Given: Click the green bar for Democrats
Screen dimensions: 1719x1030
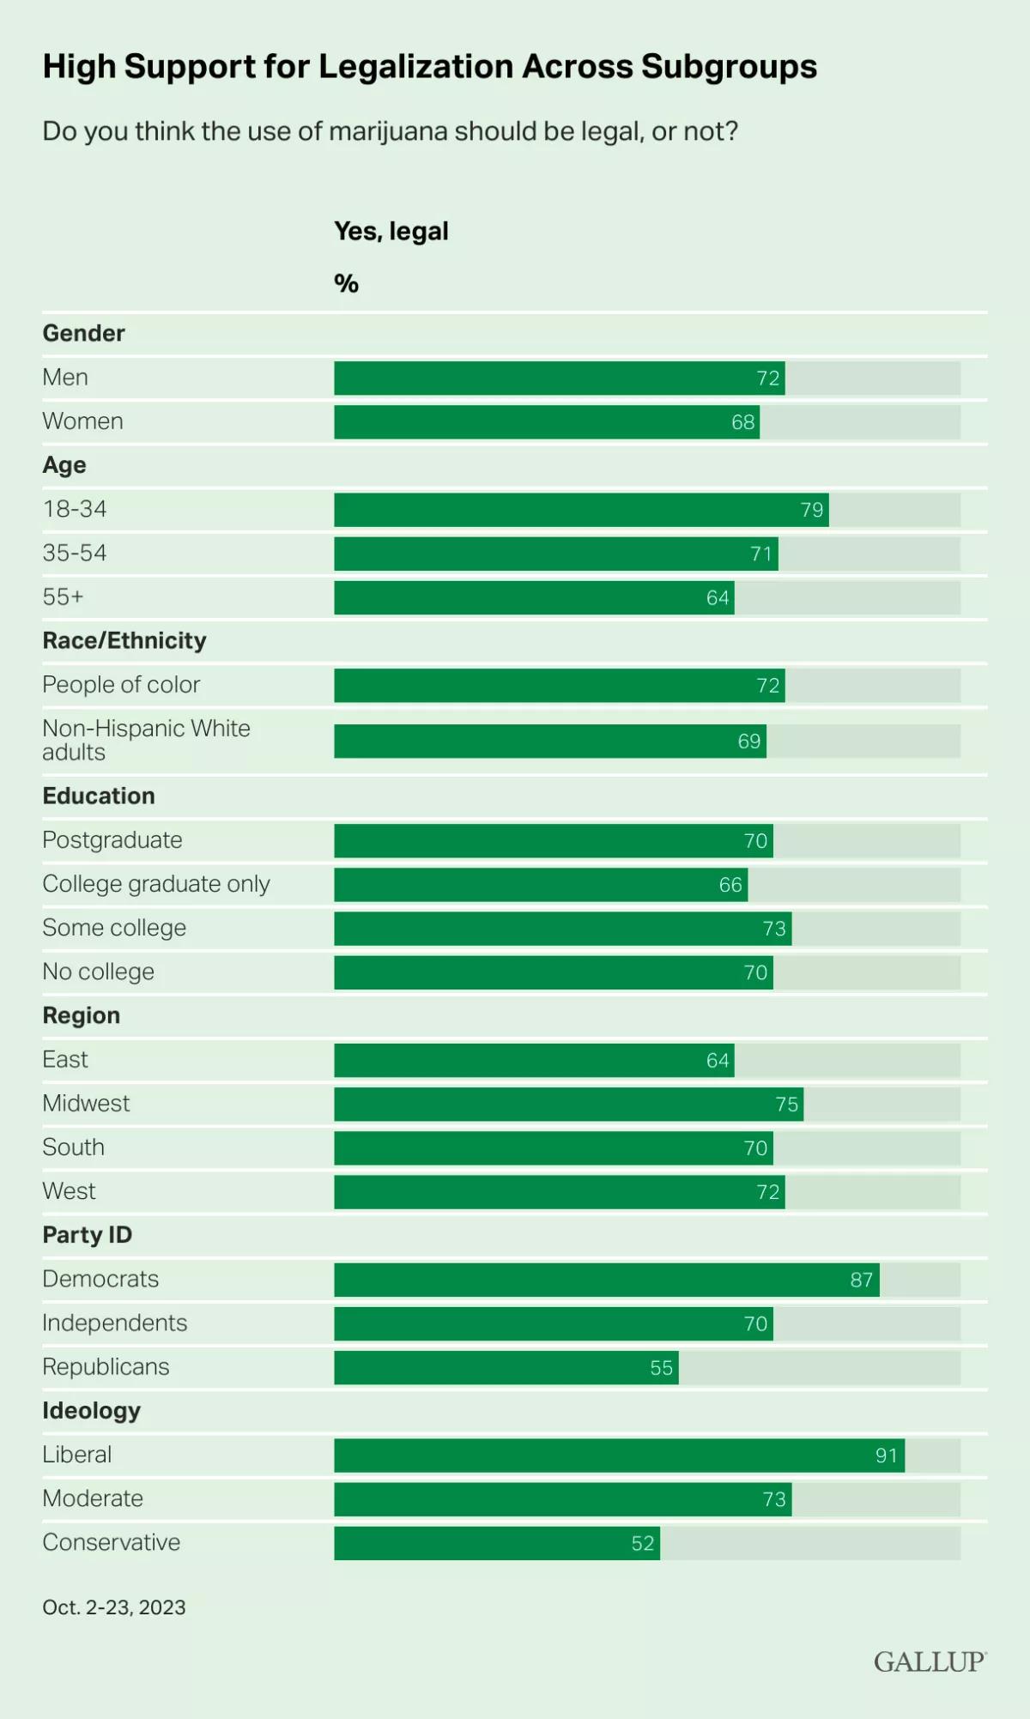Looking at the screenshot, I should [x=606, y=1280].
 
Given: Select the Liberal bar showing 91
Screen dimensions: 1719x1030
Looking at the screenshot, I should [x=619, y=1456].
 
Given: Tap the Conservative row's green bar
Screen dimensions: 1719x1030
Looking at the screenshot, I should [x=497, y=1543].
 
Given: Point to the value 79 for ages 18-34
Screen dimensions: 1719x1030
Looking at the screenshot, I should [x=812, y=510].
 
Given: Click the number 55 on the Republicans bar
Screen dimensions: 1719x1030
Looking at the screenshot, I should [x=661, y=1368].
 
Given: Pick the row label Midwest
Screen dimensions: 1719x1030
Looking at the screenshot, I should [x=86, y=1104].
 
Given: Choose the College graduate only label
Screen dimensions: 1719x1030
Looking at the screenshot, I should [x=156, y=884].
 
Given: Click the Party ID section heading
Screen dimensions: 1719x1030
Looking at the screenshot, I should [x=88, y=1235].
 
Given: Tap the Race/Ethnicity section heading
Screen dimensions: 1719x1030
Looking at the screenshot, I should [x=124, y=641].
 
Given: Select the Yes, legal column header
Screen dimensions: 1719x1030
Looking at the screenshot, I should [x=391, y=232].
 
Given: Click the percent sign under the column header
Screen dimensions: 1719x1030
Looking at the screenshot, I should [x=346, y=284].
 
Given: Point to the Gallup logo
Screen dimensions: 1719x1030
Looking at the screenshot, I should [x=930, y=1662].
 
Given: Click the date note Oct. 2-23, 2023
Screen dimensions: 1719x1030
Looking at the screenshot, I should [x=114, y=1607].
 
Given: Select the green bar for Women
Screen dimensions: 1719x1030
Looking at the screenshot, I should [x=547, y=422].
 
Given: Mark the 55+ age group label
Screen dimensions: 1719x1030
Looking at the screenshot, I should [x=64, y=597].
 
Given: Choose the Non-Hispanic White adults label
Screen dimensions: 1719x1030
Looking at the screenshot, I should [x=146, y=740].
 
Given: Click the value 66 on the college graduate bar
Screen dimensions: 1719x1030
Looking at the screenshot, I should [x=730, y=885].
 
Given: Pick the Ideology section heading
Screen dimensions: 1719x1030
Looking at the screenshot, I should [x=92, y=1411].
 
